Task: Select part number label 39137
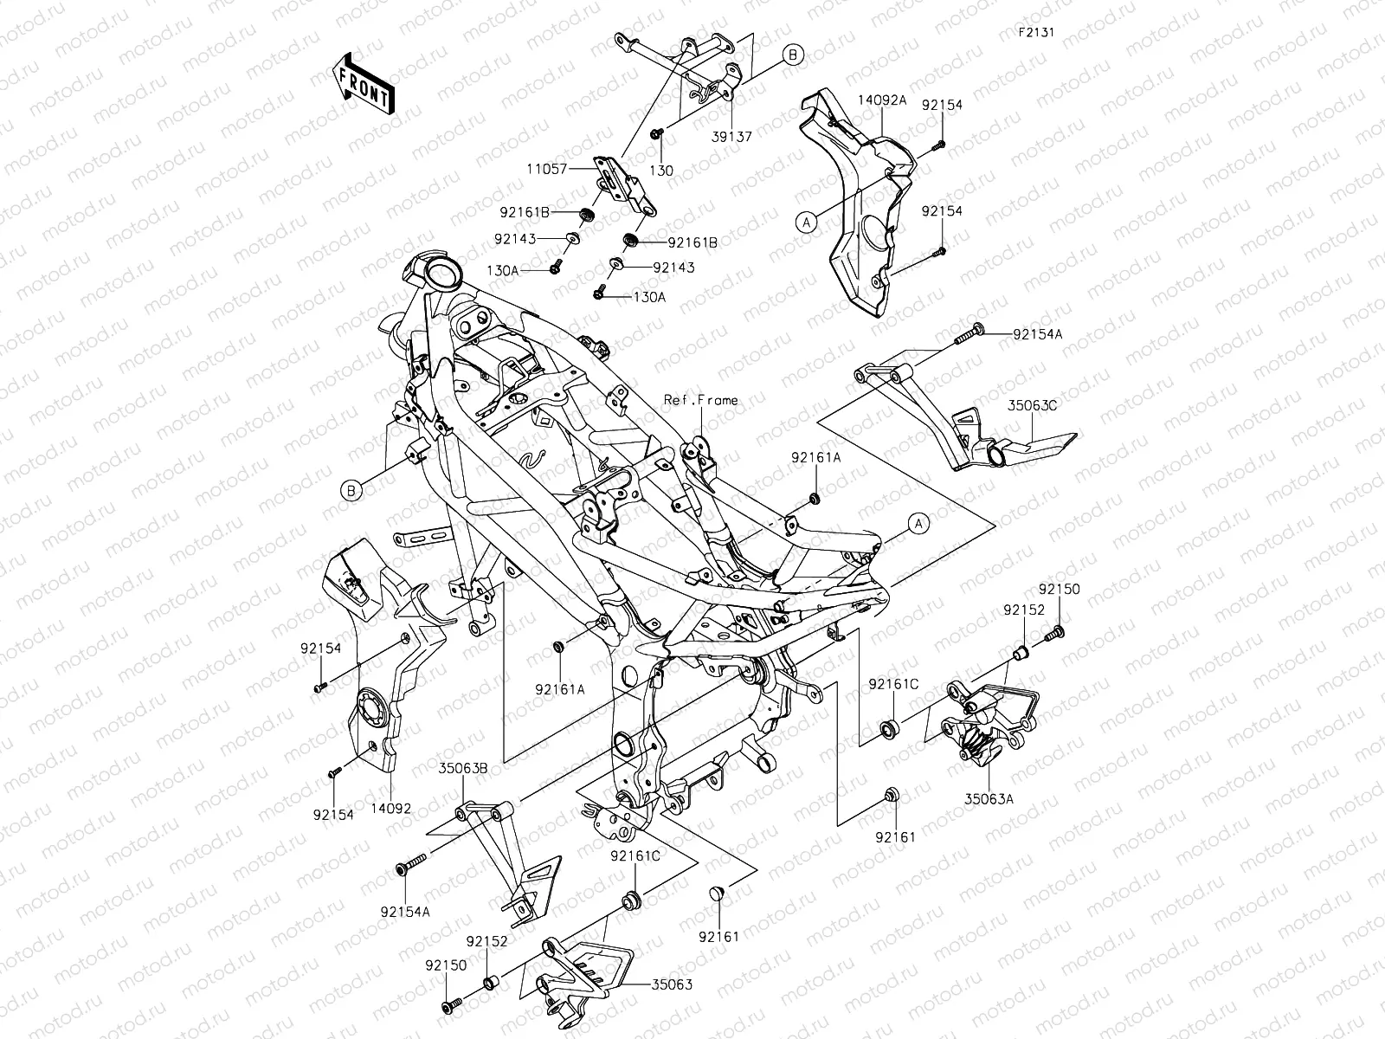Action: point(731,137)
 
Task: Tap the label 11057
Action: point(548,170)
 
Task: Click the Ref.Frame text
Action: point(701,400)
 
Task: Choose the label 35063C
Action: point(1031,403)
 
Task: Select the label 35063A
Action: point(988,799)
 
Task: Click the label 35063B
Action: point(462,766)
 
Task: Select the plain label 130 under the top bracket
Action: point(661,171)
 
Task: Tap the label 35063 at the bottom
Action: point(672,984)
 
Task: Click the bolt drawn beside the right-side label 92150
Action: point(1054,635)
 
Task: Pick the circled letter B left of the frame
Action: point(351,491)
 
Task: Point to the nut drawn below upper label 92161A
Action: point(814,498)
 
